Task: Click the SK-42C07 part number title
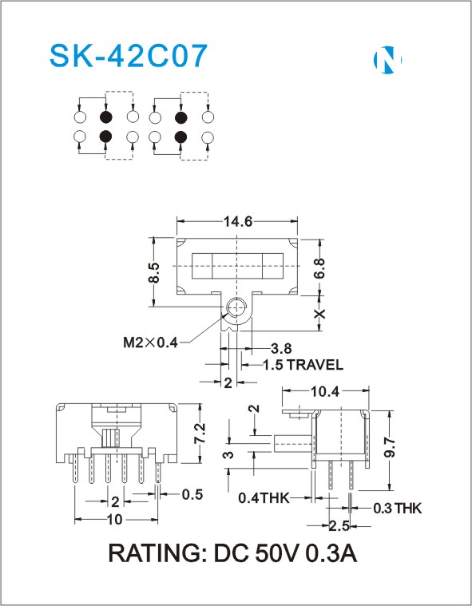[129, 56]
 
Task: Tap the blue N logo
[387, 59]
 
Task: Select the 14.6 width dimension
[237, 221]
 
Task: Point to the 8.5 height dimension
[154, 273]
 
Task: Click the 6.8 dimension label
[319, 268]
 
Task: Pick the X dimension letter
[319, 314]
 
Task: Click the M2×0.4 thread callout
[150, 342]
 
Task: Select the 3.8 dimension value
[280, 348]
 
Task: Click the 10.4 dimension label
[325, 391]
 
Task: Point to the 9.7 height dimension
[391, 447]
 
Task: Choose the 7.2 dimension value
[200, 434]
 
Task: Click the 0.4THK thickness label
[264, 498]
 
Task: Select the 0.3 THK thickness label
[397, 509]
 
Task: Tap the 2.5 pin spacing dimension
[339, 525]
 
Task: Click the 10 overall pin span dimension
[115, 520]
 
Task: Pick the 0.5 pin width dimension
[192, 494]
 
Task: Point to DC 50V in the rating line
[256, 553]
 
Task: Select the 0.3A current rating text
[331, 553]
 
